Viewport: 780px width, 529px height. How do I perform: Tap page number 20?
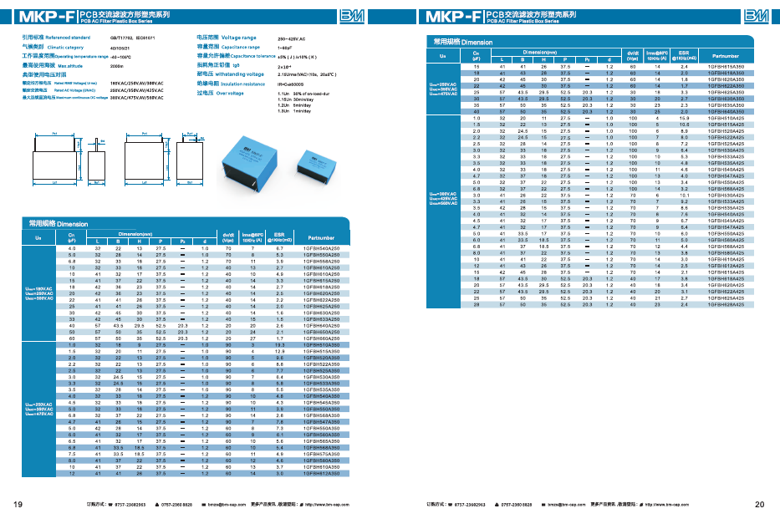[x=759, y=505]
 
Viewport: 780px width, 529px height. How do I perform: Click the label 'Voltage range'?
[x=238, y=38]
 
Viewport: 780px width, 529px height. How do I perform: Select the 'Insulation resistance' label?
[x=242, y=84]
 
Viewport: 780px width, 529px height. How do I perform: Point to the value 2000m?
[x=117, y=65]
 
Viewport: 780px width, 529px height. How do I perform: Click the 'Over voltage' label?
[x=229, y=94]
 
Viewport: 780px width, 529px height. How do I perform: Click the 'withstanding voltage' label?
[x=239, y=74]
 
